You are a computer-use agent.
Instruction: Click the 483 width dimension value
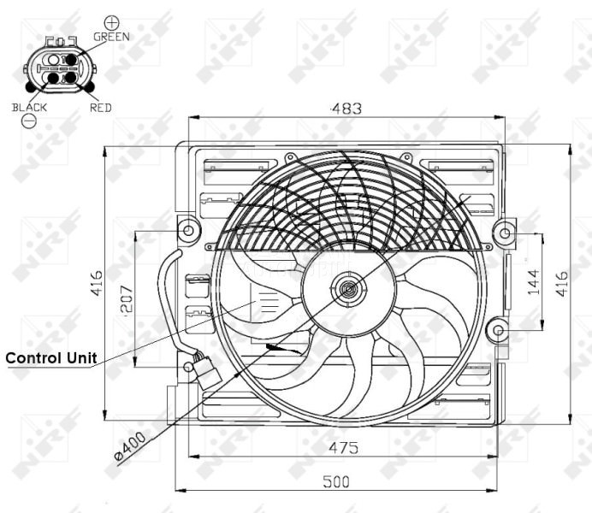[x=347, y=109]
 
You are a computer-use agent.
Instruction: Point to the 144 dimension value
[x=533, y=280]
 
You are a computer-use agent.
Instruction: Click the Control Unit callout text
[x=51, y=357]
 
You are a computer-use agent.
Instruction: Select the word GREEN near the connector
[x=111, y=37]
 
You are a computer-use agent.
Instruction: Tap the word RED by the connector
[x=100, y=109]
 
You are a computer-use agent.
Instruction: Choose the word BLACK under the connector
[x=29, y=108]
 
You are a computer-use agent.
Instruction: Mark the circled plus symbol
[x=111, y=21]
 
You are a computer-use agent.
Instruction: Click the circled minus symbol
[x=29, y=122]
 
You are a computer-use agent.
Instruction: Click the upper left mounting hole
[x=188, y=229]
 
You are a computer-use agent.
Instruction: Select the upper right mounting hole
[x=506, y=231]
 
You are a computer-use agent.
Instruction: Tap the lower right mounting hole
[x=496, y=330]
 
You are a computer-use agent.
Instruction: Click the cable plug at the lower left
[x=206, y=370]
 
